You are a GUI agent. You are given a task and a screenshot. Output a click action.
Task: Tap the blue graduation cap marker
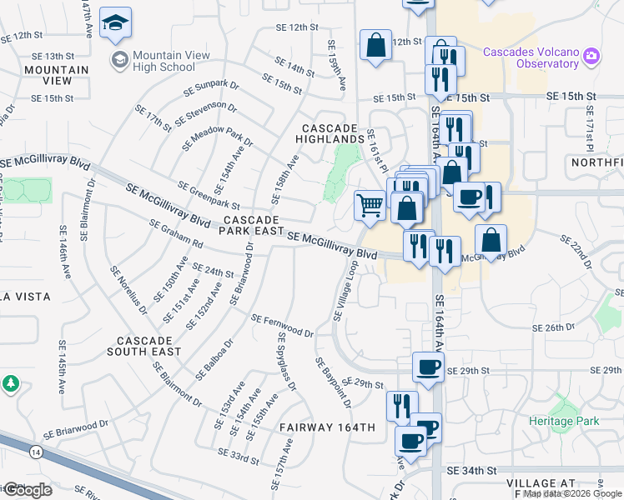pyautogui.click(x=115, y=24)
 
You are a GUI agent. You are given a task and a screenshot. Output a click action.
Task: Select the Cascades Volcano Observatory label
pyautogui.click(x=531, y=57)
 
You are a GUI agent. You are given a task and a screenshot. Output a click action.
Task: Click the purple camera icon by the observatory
pyautogui.click(x=591, y=56)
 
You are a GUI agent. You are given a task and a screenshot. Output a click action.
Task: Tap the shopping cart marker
pyautogui.click(x=370, y=204)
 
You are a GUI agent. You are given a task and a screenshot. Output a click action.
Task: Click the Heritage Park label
pyautogui.click(x=564, y=422)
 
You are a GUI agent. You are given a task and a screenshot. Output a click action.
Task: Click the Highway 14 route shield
pyautogui.click(x=35, y=452)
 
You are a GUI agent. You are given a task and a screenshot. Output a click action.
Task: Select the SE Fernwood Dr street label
pyautogui.click(x=282, y=326)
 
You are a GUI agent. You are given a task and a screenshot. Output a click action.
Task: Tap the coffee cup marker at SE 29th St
pyautogui.click(x=429, y=367)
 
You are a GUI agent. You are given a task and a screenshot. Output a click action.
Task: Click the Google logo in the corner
pyautogui.click(x=27, y=489)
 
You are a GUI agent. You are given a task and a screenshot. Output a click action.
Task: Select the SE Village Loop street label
pyautogui.click(x=345, y=290)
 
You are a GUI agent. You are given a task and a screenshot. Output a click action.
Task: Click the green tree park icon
pyautogui.click(x=11, y=384)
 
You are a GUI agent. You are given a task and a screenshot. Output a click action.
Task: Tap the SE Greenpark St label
pyautogui.click(x=209, y=195)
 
